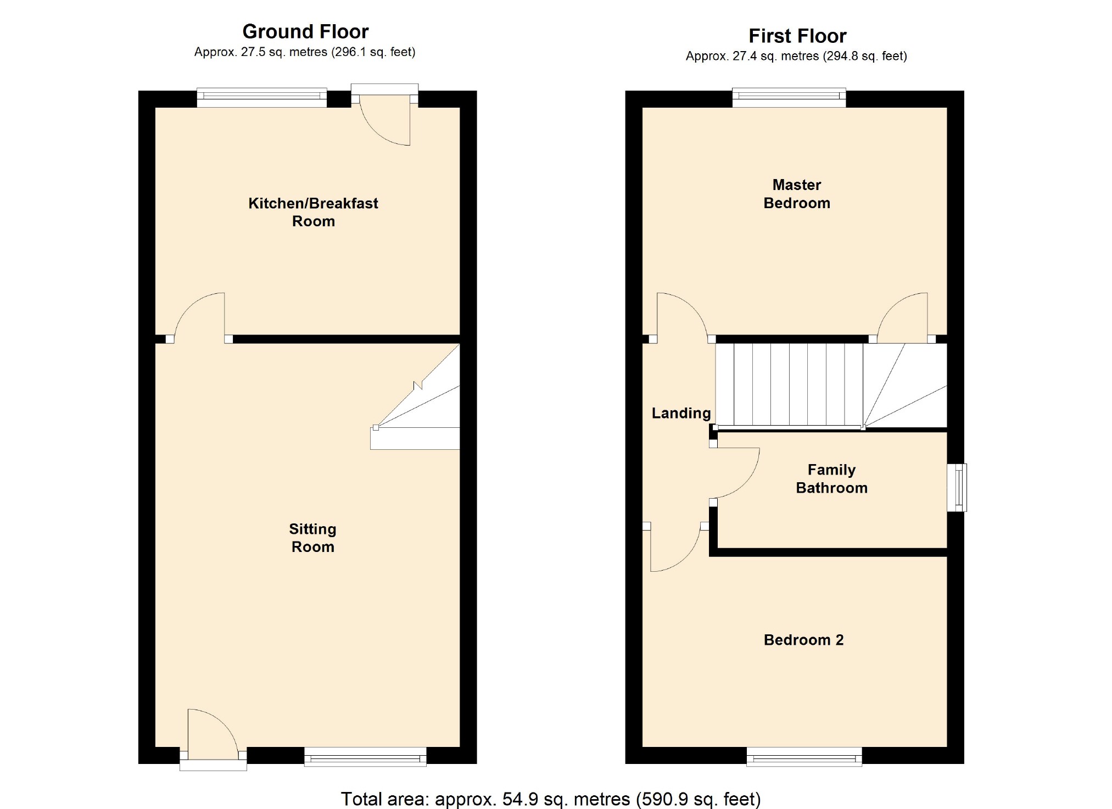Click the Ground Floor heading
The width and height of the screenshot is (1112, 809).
[x=305, y=32]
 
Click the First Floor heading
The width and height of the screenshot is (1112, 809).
[x=797, y=36]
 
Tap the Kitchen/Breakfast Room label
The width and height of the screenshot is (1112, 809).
[x=313, y=212]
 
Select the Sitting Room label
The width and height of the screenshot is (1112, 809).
[x=312, y=538]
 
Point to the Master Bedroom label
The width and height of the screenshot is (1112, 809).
[x=797, y=194]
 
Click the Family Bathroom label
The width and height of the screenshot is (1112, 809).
[x=831, y=479]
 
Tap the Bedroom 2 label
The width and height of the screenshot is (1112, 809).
[x=803, y=640]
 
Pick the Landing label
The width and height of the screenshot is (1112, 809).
[x=681, y=413]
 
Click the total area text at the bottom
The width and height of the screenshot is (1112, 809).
[x=551, y=799]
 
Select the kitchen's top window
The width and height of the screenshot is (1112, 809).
[x=262, y=98]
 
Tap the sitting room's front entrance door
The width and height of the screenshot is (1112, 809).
[x=213, y=739]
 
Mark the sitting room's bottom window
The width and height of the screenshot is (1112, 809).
[x=365, y=756]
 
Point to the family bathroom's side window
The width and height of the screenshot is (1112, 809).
[x=957, y=488]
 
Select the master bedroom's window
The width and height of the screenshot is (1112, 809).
[x=789, y=98]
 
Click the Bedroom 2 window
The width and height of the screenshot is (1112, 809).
[x=804, y=756]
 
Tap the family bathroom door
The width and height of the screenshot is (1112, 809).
[x=736, y=473]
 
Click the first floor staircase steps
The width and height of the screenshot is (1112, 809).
[x=831, y=386]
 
